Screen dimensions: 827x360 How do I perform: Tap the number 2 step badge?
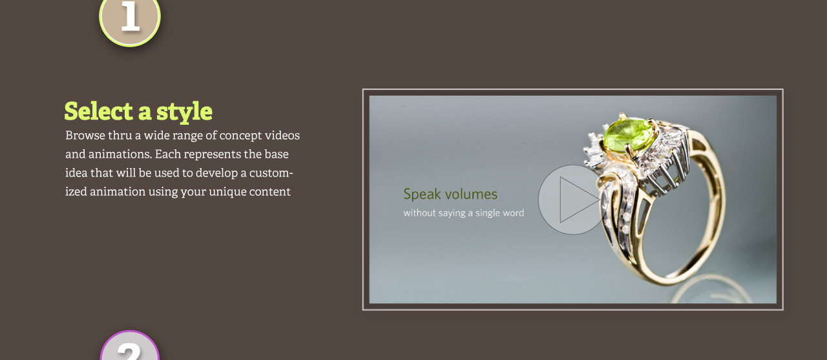pyautogui.click(x=130, y=346)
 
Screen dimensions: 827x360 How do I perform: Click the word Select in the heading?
pyautogui.click(x=99, y=111)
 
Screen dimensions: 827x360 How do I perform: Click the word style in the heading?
pyautogui.click(x=184, y=112)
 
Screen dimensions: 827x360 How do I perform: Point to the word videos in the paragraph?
pyautogui.click(x=282, y=136)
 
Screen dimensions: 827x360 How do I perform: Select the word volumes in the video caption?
pyautogui.click(x=471, y=194)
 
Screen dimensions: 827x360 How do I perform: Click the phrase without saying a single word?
pyautogui.click(x=463, y=213)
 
